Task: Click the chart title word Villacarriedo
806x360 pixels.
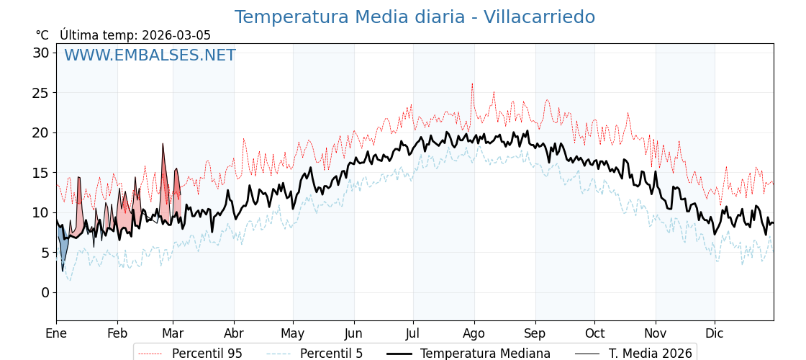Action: tap(539, 17)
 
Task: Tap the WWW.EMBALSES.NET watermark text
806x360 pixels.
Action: tap(150, 55)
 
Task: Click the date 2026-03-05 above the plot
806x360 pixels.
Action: tap(176, 35)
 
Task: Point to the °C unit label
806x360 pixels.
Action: tap(42, 35)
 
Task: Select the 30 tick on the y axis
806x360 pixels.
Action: tap(41, 53)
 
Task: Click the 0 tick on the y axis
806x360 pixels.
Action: tap(45, 292)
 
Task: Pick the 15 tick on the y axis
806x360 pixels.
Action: tap(41, 173)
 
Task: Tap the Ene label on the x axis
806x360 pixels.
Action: tap(56, 333)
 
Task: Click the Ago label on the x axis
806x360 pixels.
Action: tap(474, 333)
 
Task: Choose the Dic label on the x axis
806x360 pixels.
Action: tap(715, 333)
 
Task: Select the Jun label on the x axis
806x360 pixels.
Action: tap(353, 333)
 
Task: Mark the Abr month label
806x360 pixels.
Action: tap(234, 333)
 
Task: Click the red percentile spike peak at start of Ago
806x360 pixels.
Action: tap(472, 84)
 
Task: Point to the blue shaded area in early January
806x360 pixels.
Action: tap(63, 248)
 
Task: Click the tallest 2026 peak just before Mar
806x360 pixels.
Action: tap(163, 144)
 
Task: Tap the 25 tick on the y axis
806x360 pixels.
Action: tap(41, 93)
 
